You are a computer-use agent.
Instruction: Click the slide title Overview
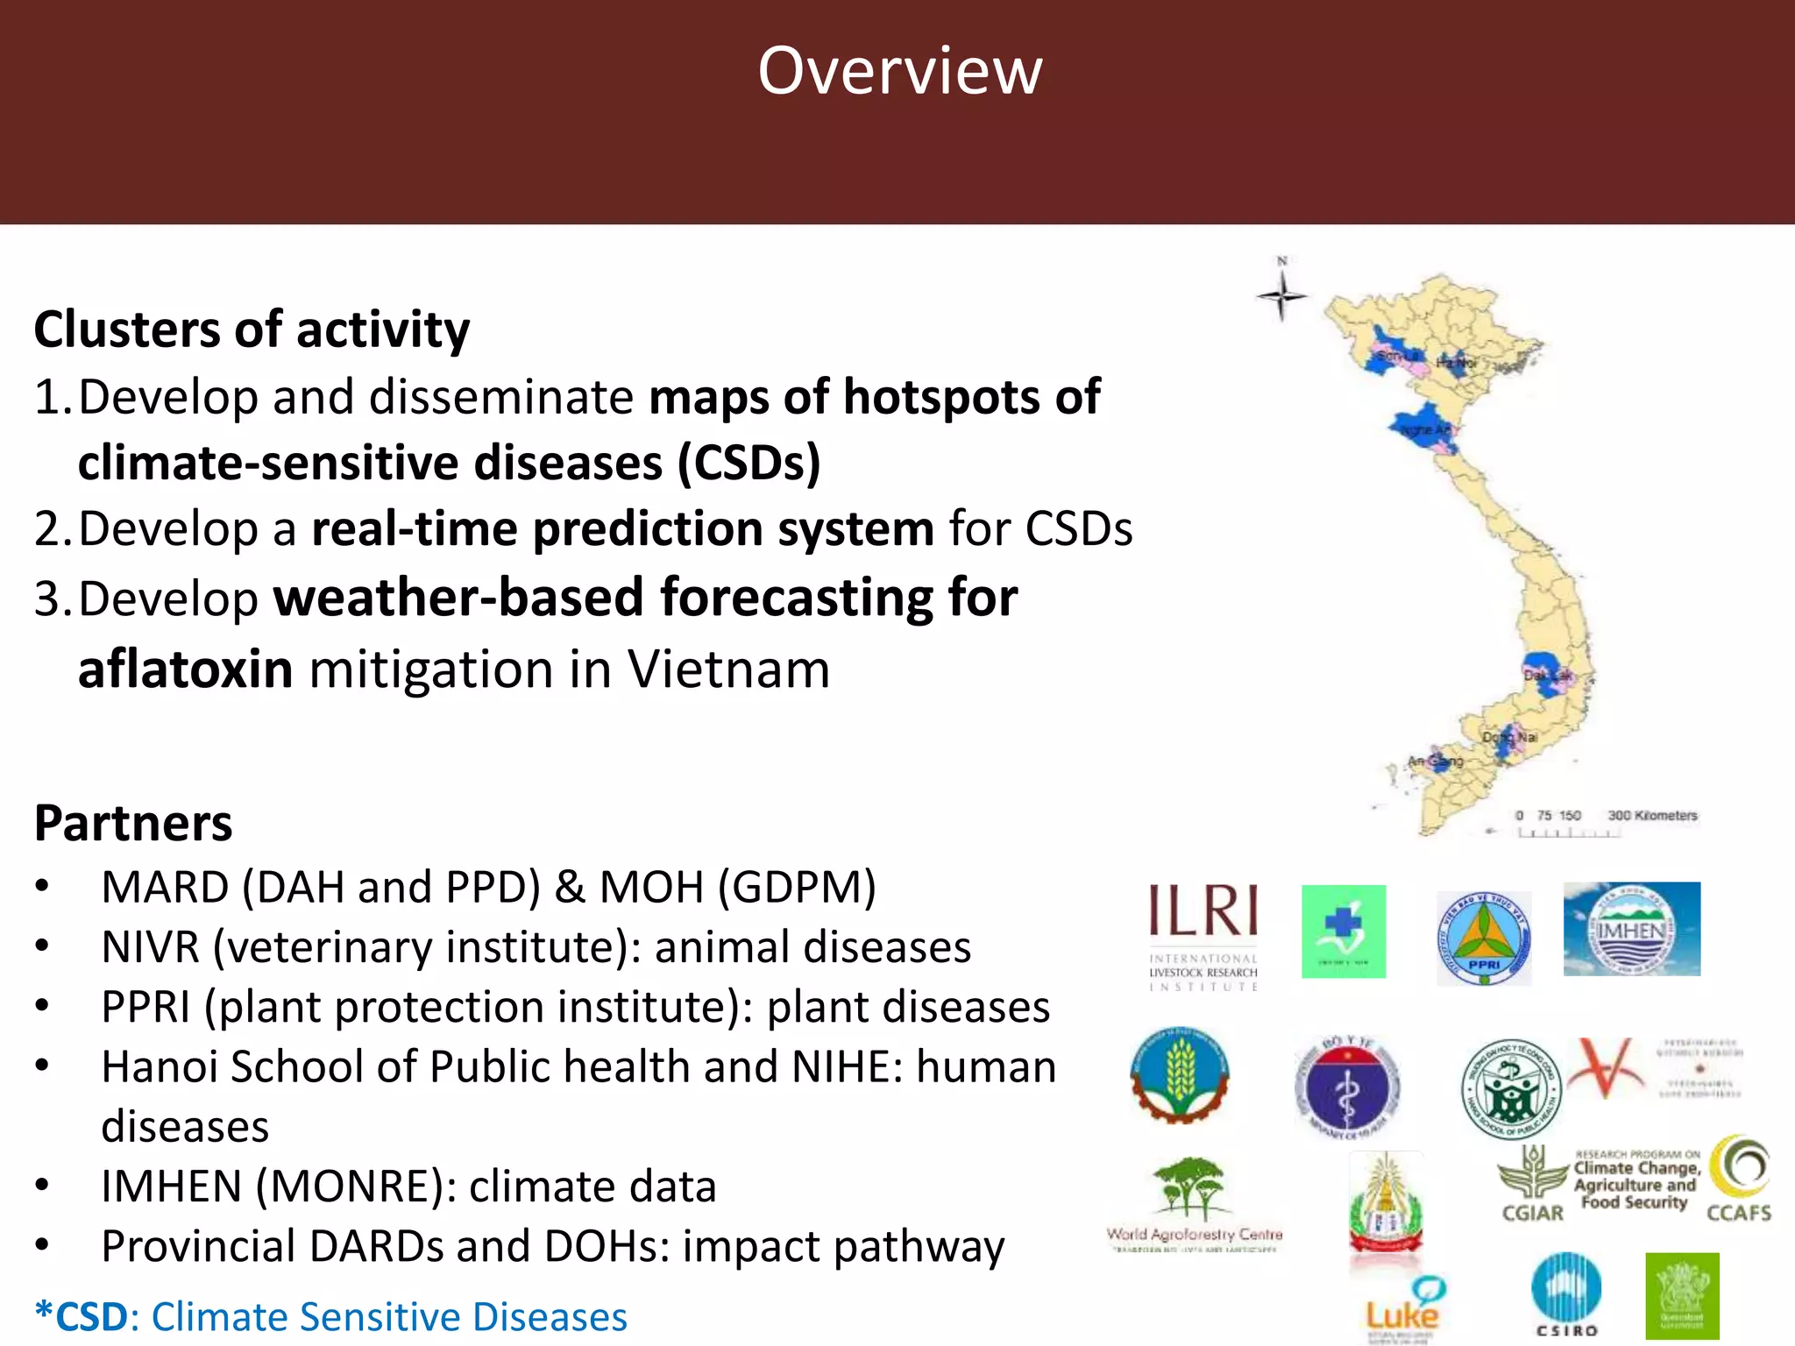coord(900,71)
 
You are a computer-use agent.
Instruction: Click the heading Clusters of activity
coord(252,329)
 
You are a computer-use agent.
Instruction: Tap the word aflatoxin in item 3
coord(185,669)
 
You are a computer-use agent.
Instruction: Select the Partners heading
coord(133,824)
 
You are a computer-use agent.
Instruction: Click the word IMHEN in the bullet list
coord(171,1187)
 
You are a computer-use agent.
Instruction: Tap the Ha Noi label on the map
coord(1455,361)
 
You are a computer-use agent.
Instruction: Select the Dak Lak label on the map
coord(1548,676)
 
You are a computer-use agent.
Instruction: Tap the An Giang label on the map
coord(1436,761)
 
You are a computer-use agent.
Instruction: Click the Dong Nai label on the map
coord(1509,738)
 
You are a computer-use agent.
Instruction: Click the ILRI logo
coord(1203,935)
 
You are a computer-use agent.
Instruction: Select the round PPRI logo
coord(1484,938)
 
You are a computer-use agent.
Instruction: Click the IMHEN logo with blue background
coord(1631,929)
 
